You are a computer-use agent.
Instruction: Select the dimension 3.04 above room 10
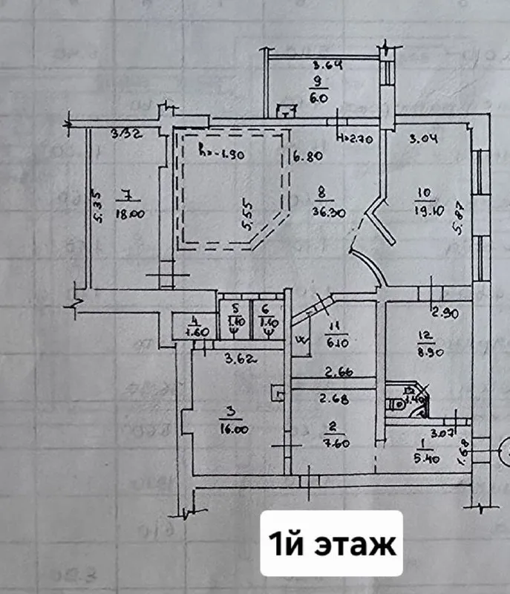[425, 137]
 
